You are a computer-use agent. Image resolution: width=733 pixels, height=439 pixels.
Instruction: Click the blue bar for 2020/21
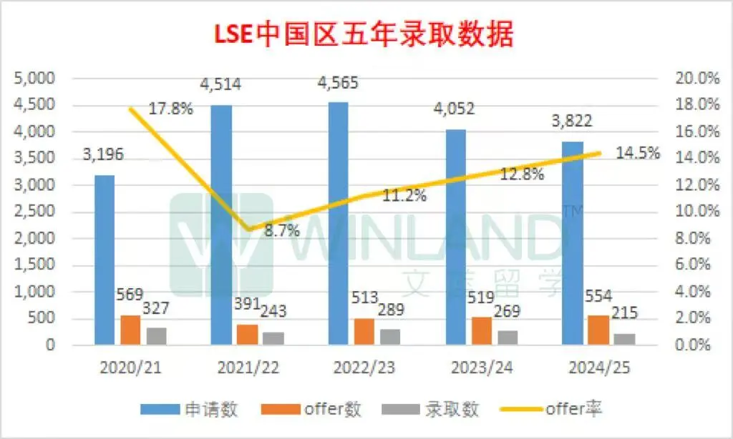105,260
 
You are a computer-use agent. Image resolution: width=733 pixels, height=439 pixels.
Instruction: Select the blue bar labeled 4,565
339,224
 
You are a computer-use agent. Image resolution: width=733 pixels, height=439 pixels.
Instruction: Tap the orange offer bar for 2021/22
246,335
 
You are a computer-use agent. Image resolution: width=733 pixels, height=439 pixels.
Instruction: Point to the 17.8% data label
171,109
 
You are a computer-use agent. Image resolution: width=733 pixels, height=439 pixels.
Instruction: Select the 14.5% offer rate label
638,153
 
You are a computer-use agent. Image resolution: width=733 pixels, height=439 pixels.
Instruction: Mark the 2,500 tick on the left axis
37,212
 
